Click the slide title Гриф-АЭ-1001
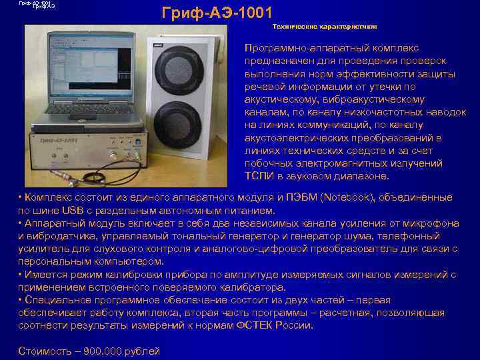pos(217,13)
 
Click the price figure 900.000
pos(104,351)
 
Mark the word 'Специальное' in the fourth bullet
pos(53,300)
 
